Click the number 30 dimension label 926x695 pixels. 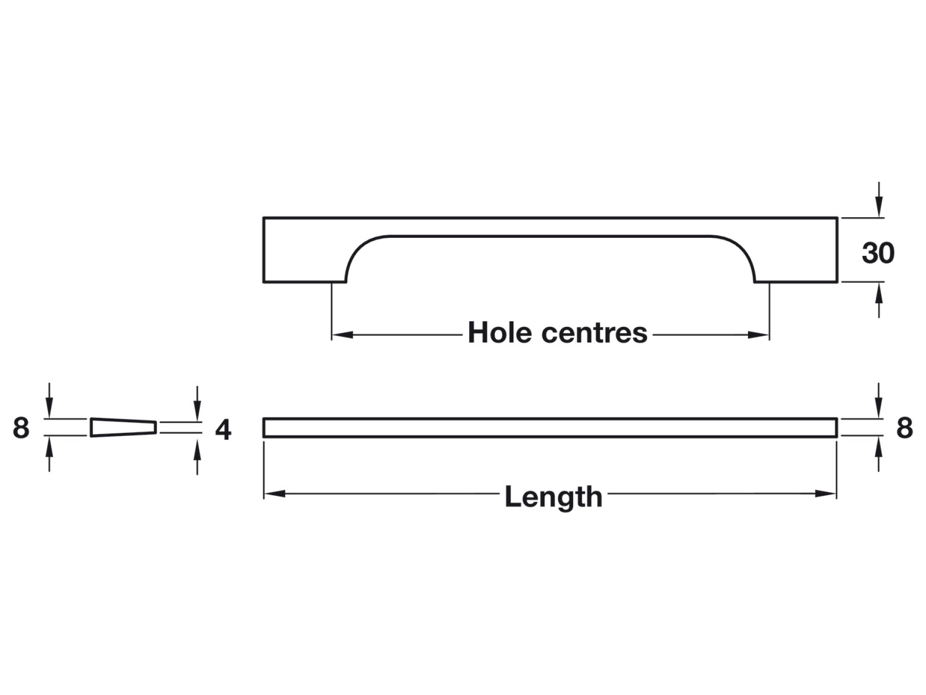878,253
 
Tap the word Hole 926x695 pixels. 500,333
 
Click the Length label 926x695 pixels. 553,497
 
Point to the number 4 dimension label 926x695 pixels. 223,429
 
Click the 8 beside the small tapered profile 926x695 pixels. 21,428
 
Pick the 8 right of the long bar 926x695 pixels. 904,428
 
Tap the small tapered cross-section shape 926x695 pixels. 123,427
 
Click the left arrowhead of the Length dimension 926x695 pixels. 275,494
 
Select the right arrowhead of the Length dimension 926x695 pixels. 826,494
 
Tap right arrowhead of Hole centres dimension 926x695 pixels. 758,335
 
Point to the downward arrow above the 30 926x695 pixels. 879,200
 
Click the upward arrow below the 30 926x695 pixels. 879,300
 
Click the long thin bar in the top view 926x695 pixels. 550,428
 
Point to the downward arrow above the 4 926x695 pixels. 197,403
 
